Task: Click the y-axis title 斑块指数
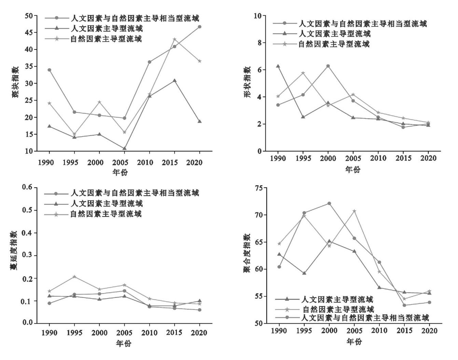16,82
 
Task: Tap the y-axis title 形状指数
247,82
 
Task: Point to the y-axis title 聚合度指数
247,253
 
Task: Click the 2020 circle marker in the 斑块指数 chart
199,27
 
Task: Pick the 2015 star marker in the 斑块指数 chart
175,40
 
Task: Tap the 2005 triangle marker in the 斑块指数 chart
125,148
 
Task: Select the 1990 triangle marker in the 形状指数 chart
278,66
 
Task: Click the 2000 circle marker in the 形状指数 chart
328,66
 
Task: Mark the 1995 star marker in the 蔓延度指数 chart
74,277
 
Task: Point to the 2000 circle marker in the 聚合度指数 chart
329,203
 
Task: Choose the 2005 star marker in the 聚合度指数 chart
354,211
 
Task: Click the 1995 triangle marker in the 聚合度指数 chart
304,273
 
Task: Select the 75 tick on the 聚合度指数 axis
259,188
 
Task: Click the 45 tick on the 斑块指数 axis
29,32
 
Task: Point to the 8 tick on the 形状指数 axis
259,43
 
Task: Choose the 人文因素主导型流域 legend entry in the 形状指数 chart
335,34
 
